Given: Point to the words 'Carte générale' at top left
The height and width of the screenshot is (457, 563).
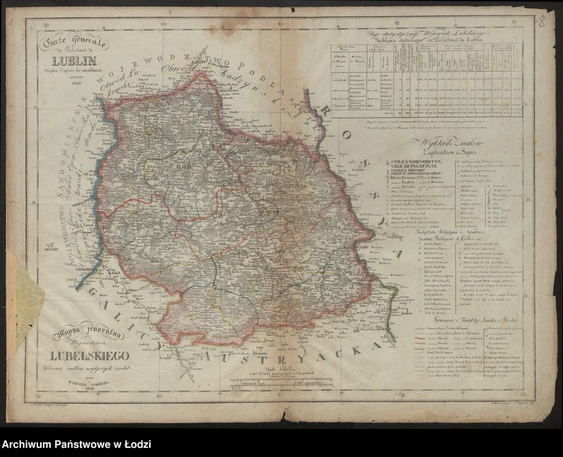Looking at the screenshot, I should tap(74, 43).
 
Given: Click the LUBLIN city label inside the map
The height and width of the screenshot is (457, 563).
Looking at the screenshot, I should tap(185, 167).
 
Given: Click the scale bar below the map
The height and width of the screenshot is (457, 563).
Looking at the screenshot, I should tap(281, 384).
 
